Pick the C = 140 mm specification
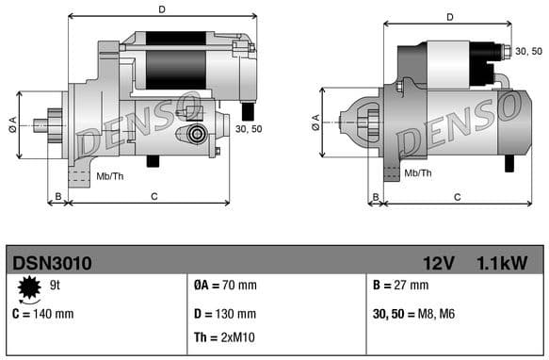41,312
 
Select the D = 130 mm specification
224,312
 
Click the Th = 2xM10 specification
224,337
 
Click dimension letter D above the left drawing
162,9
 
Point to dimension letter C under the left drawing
153,196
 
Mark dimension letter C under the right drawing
457,196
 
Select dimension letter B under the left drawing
58,196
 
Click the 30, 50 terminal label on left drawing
249,129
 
